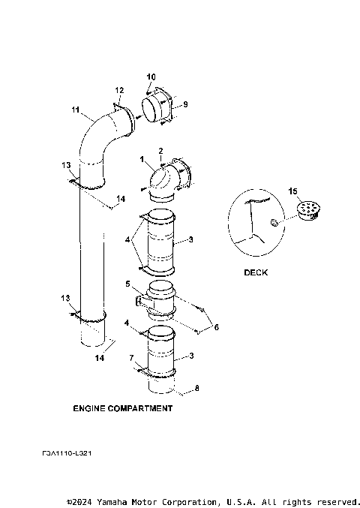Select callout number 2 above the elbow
coord(160,152)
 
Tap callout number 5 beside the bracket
coord(127,284)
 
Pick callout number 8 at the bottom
coord(197,389)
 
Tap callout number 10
coord(151,77)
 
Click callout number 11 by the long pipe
coord(75,110)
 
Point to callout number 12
coord(119,91)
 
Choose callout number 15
coord(293,191)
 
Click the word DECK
coord(255,272)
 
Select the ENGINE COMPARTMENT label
coord(122,409)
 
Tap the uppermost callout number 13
coord(65,165)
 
